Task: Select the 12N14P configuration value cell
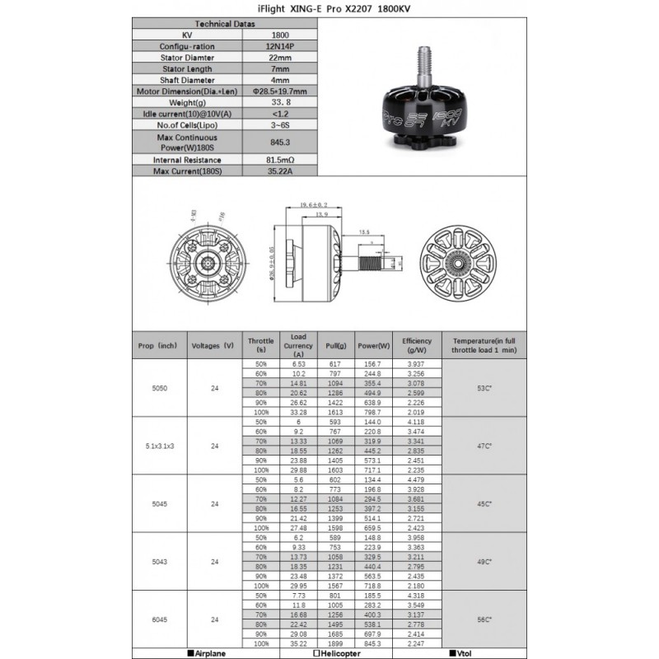click(279, 47)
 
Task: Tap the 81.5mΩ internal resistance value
click(279, 159)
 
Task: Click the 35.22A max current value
click(279, 171)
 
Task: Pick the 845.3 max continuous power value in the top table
click(279, 142)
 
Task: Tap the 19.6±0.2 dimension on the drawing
click(313, 204)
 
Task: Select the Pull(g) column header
click(336, 345)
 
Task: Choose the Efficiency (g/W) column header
click(417, 345)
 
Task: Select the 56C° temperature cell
click(483, 619)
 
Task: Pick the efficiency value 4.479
click(417, 480)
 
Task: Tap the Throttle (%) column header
click(261, 345)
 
